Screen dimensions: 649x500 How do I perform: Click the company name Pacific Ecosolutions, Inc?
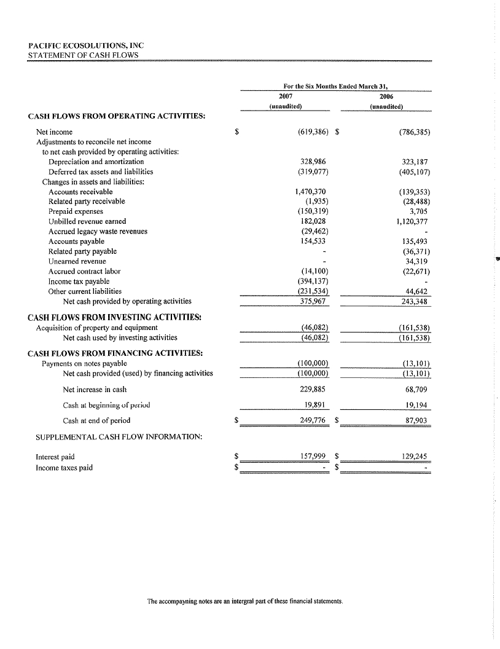tap(85, 45)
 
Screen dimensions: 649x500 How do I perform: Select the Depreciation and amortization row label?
tap(96, 162)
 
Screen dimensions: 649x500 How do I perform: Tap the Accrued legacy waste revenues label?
tap(98, 232)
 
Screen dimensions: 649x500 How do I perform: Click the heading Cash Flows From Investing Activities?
tap(115, 317)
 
